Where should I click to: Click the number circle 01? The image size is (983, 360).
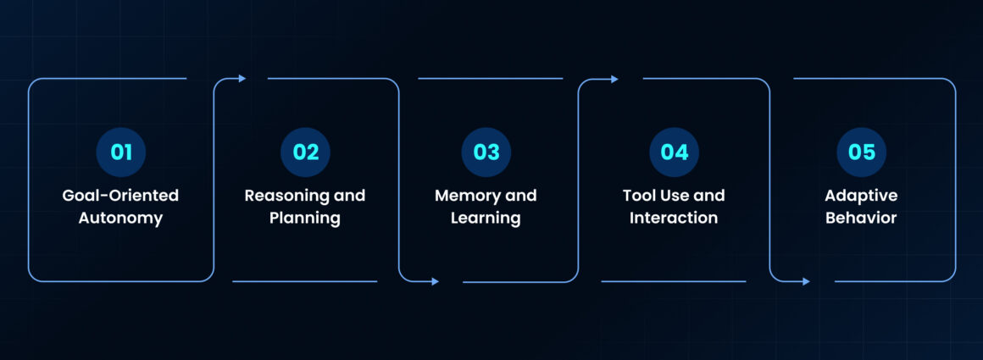[121, 152]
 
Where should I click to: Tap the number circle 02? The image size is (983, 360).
[305, 152]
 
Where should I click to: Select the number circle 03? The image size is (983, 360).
[486, 152]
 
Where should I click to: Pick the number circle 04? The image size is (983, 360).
[675, 152]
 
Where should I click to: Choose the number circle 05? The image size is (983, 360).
[861, 152]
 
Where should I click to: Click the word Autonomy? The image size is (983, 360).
[120, 218]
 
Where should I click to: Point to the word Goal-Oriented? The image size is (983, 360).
[120, 196]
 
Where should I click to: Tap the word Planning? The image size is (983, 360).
[305, 218]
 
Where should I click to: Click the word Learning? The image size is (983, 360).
[486, 218]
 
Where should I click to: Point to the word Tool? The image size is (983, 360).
[639, 196]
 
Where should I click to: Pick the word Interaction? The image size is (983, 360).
[675, 218]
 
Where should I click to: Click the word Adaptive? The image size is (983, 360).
[861, 196]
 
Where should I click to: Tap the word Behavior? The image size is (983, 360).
[861, 218]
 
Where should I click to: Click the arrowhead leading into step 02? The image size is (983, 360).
[242, 79]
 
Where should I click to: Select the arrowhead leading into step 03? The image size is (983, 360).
[436, 281]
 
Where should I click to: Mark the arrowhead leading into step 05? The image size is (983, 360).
[806, 281]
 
